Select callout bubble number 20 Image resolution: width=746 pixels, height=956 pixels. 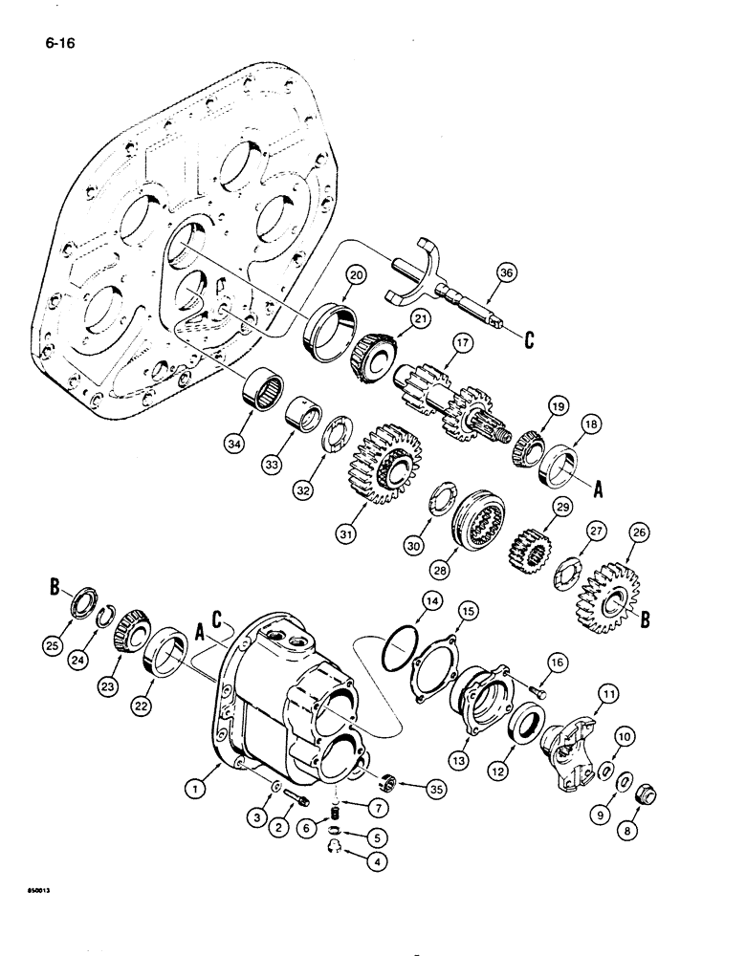357,275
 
